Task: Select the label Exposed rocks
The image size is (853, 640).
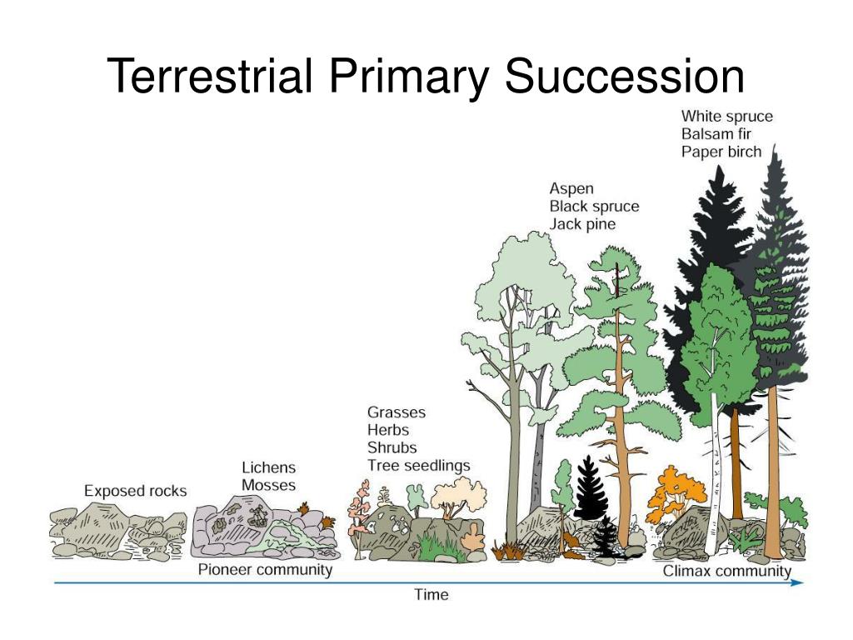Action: [135, 491]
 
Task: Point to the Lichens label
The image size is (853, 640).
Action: [268, 467]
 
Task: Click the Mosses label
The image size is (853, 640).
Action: [268, 485]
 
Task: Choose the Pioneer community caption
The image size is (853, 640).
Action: [265, 570]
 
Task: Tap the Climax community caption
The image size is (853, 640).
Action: [726, 572]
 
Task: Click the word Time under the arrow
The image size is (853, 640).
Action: [431, 595]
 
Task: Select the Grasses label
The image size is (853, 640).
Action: [396, 412]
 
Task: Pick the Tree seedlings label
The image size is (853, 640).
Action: [418, 466]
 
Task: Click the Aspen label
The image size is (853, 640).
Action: [571, 189]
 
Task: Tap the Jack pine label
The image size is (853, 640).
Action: [582, 224]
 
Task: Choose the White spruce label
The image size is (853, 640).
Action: [726, 116]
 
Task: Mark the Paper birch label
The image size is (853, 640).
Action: [721, 151]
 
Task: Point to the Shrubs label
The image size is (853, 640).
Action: [392, 448]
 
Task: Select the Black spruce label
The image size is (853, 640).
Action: [594, 207]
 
